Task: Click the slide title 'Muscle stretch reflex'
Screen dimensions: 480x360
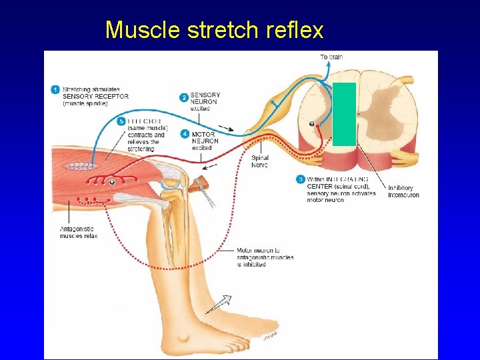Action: (x=214, y=30)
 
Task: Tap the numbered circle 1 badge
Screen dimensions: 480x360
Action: (x=56, y=89)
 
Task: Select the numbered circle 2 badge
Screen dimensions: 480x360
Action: (x=184, y=97)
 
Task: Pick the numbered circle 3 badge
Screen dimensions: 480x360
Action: (x=301, y=179)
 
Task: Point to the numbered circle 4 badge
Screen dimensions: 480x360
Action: (x=185, y=133)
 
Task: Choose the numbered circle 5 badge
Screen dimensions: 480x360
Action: (x=121, y=121)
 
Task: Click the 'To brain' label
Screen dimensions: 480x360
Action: (x=331, y=57)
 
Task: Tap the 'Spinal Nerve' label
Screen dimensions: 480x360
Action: (x=261, y=161)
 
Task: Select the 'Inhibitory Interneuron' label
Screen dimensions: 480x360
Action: (x=403, y=191)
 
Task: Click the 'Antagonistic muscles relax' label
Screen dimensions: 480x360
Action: (x=79, y=232)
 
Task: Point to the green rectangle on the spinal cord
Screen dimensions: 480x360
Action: (x=344, y=114)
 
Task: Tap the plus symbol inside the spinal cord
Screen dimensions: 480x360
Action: (x=311, y=124)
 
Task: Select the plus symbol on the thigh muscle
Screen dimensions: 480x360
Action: (x=112, y=182)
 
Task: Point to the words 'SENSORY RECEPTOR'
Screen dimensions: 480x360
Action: (x=95, y=97)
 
